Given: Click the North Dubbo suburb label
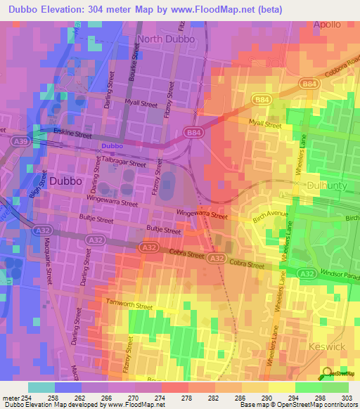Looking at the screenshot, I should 168,39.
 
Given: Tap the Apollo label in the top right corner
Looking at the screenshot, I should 326,24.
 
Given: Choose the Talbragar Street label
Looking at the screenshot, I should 123,162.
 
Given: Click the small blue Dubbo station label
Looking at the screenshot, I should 112,146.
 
